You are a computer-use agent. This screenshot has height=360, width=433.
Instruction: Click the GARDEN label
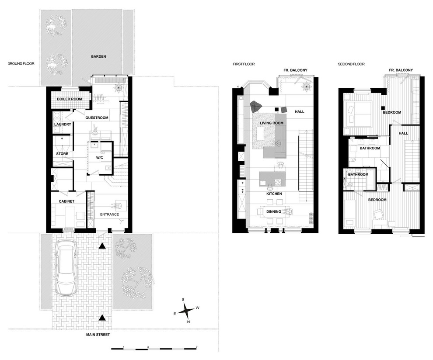coord(98,56)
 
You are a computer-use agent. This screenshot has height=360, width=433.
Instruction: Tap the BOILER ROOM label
coord(69,99)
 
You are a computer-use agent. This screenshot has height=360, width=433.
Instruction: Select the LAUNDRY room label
coord(63,125)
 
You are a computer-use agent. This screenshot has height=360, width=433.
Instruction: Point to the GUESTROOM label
coord(97,118)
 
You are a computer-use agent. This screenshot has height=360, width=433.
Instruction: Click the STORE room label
coord(62,154)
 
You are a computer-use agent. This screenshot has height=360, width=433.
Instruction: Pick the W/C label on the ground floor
coord(99,158)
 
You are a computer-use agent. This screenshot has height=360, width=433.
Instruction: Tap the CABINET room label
coord(66,201)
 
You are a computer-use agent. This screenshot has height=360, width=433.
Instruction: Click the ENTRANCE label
coord(109,215)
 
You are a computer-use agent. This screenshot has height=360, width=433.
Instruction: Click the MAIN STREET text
coord(98,335)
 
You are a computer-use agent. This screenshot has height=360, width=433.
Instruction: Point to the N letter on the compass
coord(189,322)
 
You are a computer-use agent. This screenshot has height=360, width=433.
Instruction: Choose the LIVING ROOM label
coord(272,123)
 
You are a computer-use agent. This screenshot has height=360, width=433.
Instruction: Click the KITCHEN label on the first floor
coord(274,194)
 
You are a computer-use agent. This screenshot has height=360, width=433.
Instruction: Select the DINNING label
coord(274,211)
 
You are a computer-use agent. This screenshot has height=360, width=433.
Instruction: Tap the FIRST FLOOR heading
coord(244,64)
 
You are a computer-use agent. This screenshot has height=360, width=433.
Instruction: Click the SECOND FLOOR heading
coord(351,64)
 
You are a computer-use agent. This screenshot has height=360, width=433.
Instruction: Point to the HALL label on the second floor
coord(403,133)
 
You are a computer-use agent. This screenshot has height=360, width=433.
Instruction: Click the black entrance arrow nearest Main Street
coord(102,318)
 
